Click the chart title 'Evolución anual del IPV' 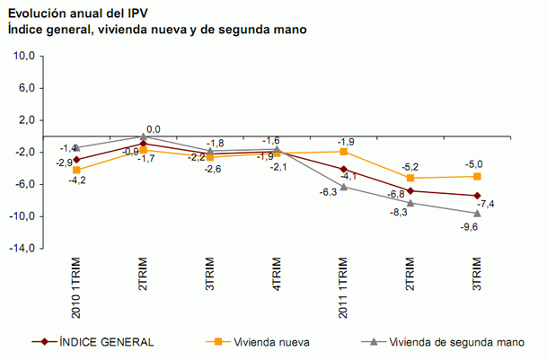[77, 13]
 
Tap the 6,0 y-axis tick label [24, 88]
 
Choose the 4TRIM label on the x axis [277, 274]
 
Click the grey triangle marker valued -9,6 [477, 213]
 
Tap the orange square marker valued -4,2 [77, 170]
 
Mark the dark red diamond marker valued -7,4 [477, 196]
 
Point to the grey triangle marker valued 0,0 [144, 136]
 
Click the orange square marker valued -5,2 [410, 178]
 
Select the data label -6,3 [327, 192]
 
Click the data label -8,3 [398, 212]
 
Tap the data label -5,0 [474, 163]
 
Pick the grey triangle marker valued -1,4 [77, 147]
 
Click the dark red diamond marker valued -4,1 [344, 169]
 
